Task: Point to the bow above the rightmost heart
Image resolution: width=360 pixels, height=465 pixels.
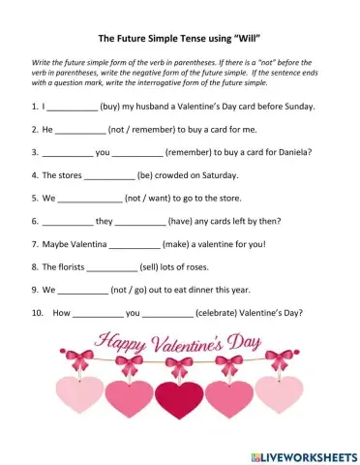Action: (x=278, y=361)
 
